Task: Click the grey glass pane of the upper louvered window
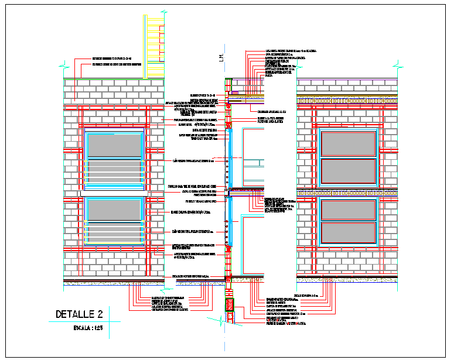pos(114,146)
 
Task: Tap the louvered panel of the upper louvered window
pos(114,174)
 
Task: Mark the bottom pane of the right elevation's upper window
pos(347,170)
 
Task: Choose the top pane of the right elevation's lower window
pos(347,210)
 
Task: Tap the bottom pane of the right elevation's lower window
pos(347,232)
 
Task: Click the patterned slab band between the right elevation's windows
pos(347,192)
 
